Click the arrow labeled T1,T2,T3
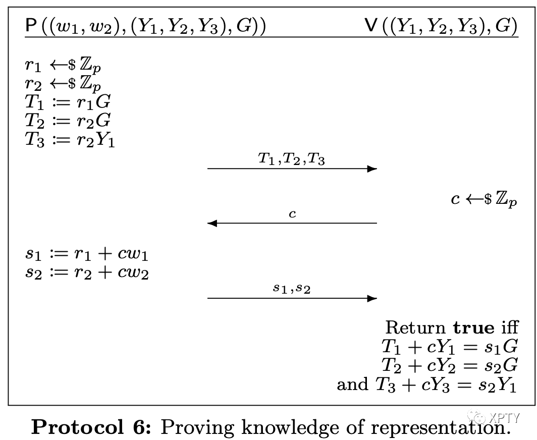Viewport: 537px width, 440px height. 292,169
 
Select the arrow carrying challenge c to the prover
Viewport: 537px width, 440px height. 292,223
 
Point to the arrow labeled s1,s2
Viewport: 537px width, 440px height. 292,298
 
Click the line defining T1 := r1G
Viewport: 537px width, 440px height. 68,102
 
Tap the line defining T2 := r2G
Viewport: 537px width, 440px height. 68,121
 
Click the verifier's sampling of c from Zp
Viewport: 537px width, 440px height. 484,199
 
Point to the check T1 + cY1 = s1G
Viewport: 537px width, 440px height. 450,347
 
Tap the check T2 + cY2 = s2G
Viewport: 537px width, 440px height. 450,365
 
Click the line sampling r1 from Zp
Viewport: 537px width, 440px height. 66,66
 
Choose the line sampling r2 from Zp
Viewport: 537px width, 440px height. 66,84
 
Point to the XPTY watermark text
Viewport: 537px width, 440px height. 497,417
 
